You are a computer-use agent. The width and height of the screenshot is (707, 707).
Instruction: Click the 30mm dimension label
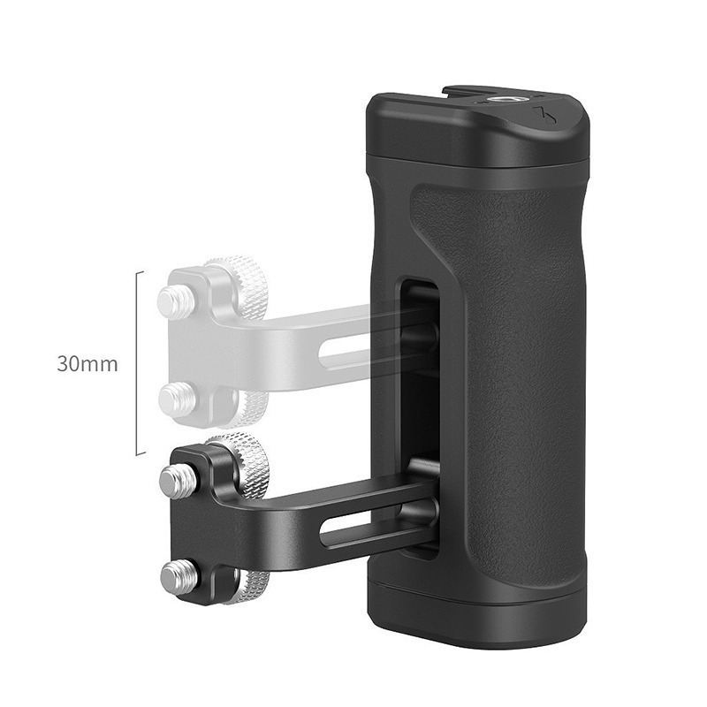(x=87, y=363)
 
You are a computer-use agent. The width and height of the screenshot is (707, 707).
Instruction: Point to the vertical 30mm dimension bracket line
(x=137, y=363)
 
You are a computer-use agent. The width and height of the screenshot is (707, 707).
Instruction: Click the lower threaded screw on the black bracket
(x=175, y=578)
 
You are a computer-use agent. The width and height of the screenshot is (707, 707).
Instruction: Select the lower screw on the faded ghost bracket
(x=175, y=399)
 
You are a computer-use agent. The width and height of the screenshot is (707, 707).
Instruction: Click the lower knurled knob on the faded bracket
(x=249, y=407)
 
